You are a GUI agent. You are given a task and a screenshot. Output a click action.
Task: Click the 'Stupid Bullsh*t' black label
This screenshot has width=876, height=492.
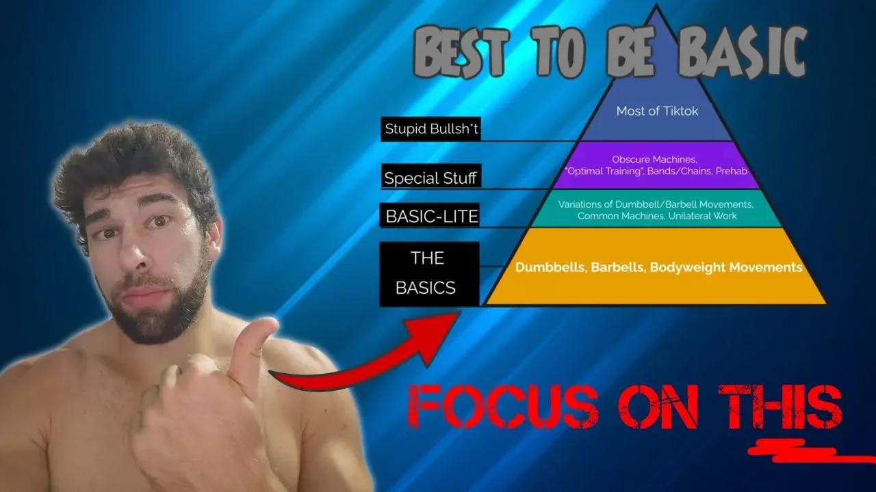(430, 128)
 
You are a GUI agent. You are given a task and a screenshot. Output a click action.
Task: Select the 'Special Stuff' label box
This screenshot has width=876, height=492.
(430, 178)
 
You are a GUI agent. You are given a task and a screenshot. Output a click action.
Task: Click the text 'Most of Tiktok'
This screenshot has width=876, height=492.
(657, 111)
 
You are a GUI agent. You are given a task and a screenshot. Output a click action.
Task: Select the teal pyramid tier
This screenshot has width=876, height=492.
(657, 210)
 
